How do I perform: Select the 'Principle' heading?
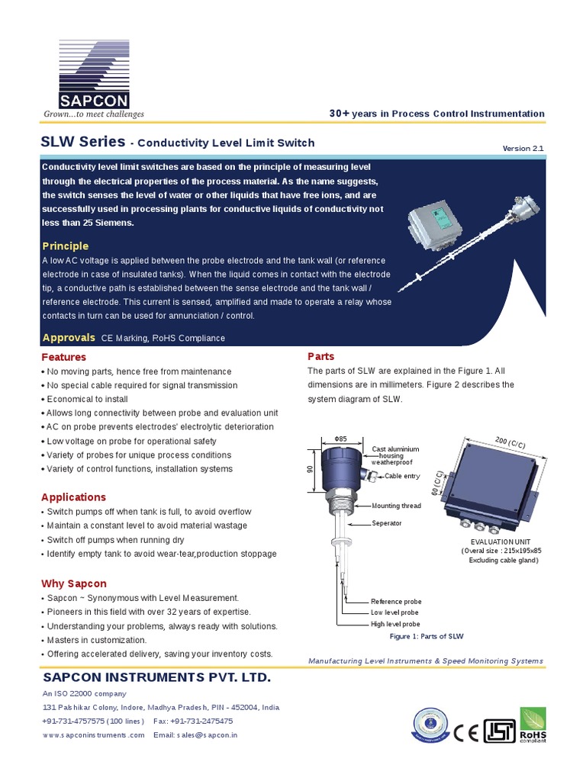click(66, 246)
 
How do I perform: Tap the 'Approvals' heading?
click(69, 337)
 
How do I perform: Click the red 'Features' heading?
click(63, 357)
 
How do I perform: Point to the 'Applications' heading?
click(73, 497)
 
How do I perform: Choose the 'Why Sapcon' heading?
click(73, 583)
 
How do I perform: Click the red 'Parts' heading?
click(320, 356)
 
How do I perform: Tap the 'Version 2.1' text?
click(523, 148)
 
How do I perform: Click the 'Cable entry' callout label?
click(402, 476)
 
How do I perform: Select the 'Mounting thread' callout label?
click(396, 506)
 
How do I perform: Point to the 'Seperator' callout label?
click(386, 523)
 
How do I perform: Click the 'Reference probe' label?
click(396, 602)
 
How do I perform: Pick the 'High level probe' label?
click(395, 624)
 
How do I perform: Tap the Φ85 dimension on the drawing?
click(340, 439)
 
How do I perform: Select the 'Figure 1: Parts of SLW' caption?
click(427, 636)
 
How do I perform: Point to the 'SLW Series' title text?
click(82, 142)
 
